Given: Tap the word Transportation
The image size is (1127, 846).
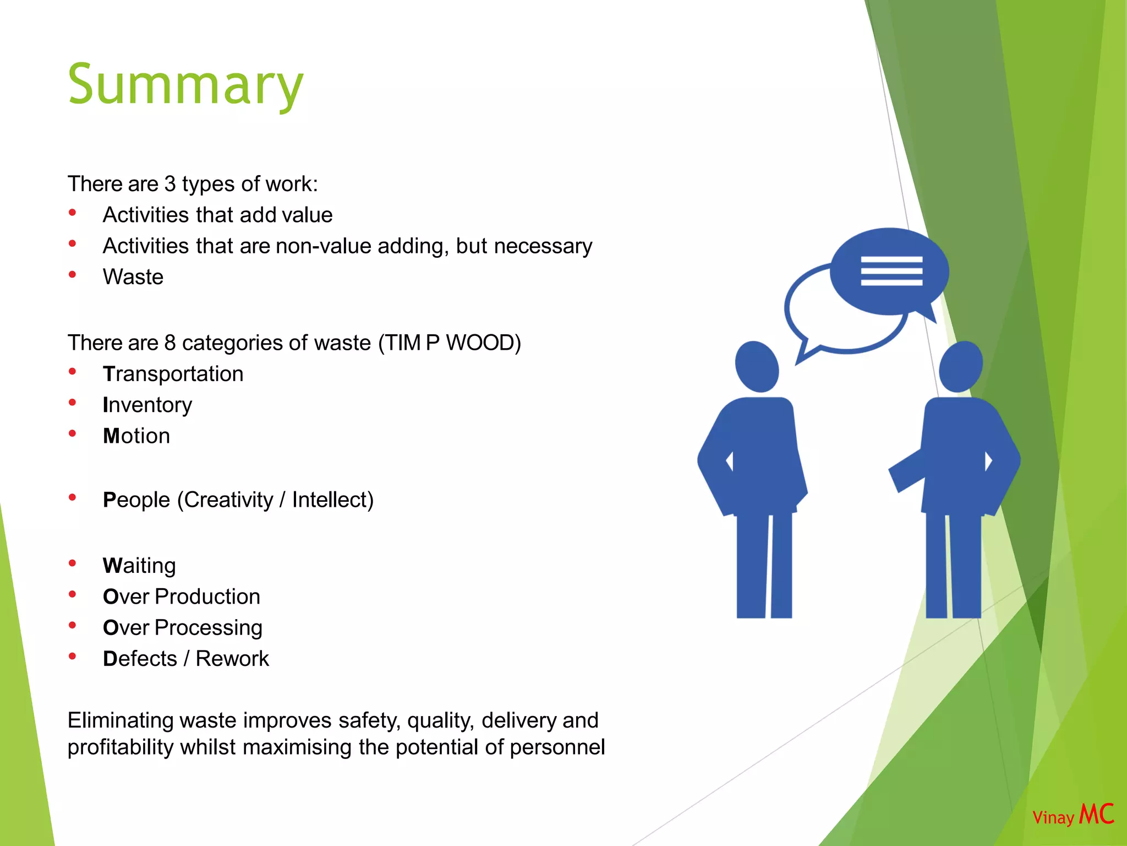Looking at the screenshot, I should click(173, 374).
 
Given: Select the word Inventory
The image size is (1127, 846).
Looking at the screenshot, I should click(147, 405).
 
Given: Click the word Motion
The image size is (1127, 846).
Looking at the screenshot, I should click(136, 436).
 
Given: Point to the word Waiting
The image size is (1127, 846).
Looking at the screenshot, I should click(139, 566).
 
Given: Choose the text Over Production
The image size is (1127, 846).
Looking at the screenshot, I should click(181, 596).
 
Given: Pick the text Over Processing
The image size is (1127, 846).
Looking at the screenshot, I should click(182, 628).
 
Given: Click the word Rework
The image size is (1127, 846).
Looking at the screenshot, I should click(232, 659).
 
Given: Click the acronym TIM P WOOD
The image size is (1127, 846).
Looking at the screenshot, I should click(449, 343).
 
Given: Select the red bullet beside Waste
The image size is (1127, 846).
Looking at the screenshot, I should click(72, 275).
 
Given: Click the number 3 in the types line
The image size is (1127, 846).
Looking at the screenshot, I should click(169, 184).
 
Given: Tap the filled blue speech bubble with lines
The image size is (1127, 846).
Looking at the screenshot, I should click(890, 271).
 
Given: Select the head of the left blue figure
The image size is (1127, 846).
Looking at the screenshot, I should click(757, 366).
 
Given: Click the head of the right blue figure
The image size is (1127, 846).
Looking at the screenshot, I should click(961, 366).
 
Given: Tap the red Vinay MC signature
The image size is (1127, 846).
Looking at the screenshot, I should click(1073, 815).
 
